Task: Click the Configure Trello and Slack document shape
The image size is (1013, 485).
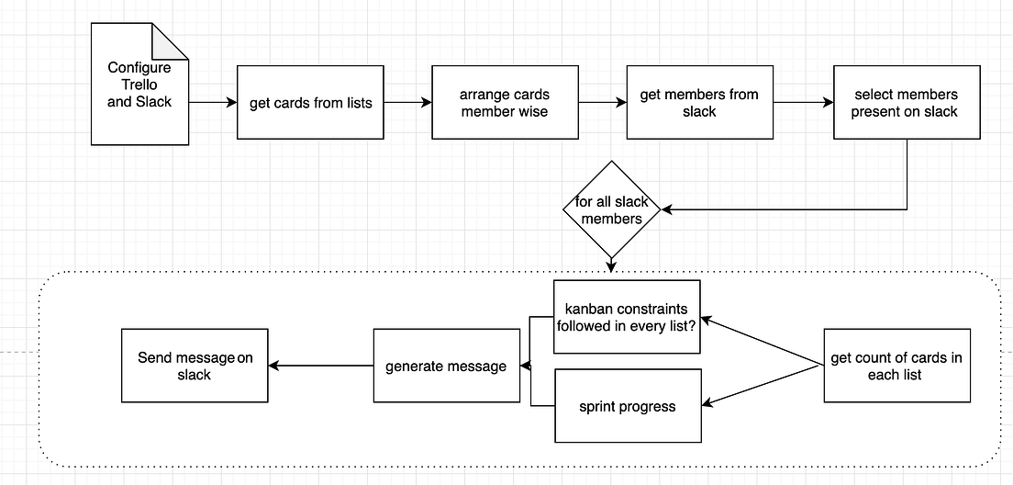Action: [138, 85]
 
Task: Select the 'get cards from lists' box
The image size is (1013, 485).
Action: [310, 102]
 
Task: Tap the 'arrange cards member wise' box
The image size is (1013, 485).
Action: [505, 102]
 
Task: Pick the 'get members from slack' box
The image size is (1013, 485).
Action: [699, 102]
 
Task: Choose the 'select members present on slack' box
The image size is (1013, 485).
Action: [906, 102]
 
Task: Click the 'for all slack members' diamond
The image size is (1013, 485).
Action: [611, 209]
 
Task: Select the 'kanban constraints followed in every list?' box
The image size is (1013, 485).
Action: [628, 317]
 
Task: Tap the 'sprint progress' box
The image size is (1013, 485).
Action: [628, 405]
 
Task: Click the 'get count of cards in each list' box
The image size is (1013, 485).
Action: [896, 366]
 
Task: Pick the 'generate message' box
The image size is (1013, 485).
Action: [446, 366]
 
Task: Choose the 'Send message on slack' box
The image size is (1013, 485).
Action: [195, 366]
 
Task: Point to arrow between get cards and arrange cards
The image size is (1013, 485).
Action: [407, 102]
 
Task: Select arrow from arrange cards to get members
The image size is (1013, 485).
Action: [602, 102]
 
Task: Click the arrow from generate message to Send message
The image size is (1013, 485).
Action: [319, 366]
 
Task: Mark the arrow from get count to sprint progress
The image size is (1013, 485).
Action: [762, 385]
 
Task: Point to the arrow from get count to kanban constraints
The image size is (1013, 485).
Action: [762, 342]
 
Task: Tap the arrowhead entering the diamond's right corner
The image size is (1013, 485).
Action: [667, 209]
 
